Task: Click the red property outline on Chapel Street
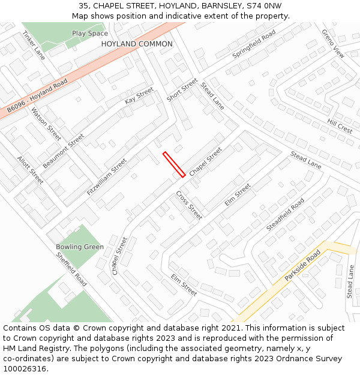tap(173, 164)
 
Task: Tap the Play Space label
tap(90, 34)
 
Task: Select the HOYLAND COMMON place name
tap(137, 44)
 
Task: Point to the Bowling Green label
tap(80, 247)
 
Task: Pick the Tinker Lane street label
tap(33, 46)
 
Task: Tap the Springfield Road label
tap(254, 43)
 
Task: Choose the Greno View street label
tap(333, 43)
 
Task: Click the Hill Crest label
tap(340, 126)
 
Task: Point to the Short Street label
tap(182, 90)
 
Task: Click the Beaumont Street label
tap(64, 151)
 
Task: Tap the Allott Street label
tap(30, 170)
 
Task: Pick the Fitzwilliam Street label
tap(107, 177)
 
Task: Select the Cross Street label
tap(189, 205)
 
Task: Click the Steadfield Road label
tap(285, 214)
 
